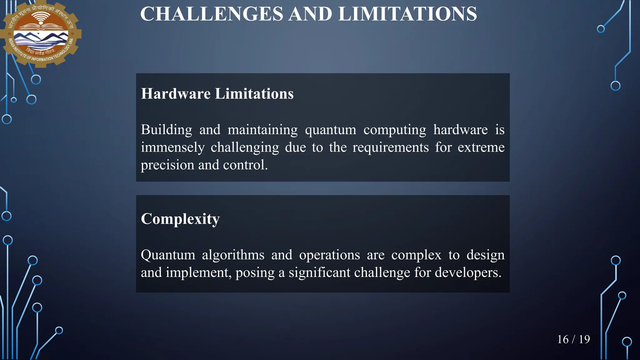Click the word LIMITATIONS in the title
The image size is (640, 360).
[x=407, y=14]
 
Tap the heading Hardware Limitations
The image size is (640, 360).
[x=217, y=94]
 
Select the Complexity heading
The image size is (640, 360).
[x=180, y=219]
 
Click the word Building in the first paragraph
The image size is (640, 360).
[x=166, y=130]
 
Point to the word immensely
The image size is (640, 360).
[x=172, y=147]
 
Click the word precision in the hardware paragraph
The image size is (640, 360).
[x=167, y=165]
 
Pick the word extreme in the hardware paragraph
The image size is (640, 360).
[x=481, y=147]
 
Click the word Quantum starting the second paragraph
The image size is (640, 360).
[x=168, y=255]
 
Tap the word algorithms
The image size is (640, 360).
[x=233, y=255]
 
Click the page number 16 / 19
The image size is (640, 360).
[x=573, y=339]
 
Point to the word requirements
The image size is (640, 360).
[x=391, y=147]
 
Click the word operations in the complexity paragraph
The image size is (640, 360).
[x=329, y=255]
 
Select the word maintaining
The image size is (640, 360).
[x=262, y=130]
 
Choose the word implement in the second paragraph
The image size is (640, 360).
[x=198, y=272]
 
